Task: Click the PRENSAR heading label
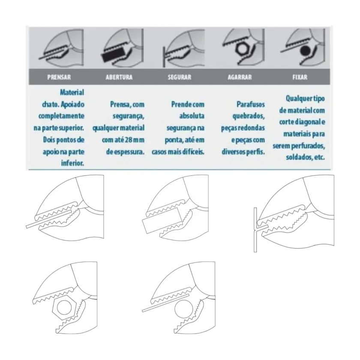tap(59, 77)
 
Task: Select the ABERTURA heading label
tap(119, 77)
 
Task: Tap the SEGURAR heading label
tap(179, 77)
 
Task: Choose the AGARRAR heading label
tap(240, 77)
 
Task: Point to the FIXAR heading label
tap(300, 77)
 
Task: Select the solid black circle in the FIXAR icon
tap(305, 51)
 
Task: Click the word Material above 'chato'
tap(72, 93)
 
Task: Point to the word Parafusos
tap(251, 105)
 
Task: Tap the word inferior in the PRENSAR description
tap(72, 163)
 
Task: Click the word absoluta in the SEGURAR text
tap(192, 116)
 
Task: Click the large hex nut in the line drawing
tap(63, 308)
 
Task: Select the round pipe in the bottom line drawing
tap(183, 308)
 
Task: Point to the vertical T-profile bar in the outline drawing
tap(255, 230)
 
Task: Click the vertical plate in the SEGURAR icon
tap(164, 57)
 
